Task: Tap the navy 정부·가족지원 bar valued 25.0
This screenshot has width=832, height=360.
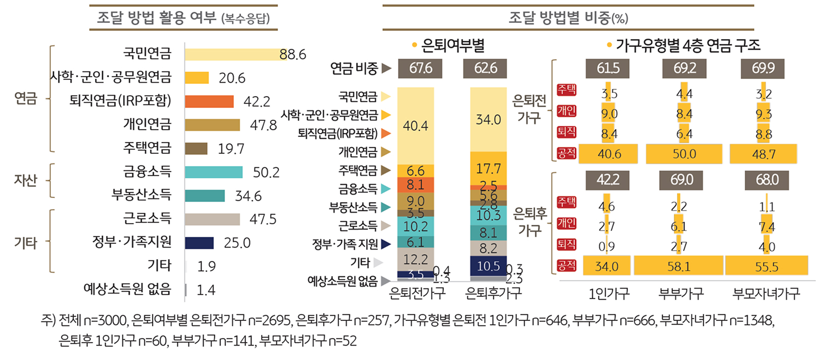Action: (x=199, y=243)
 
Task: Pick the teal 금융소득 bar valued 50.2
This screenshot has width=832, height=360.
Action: (x=214, y=172)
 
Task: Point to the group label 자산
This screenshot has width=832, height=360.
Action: (x=25, y=180)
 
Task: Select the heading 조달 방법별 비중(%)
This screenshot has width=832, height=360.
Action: (x=569, y=18)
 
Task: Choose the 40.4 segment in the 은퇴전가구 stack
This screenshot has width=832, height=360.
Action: (x=415, y=126)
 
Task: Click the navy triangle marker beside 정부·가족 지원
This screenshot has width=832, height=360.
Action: (x=385, y=244)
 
